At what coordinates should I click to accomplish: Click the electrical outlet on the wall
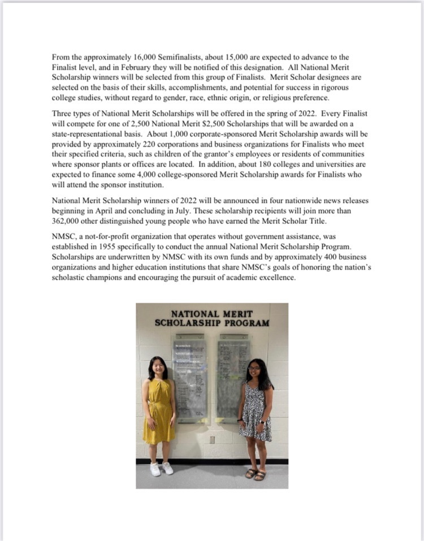pyautogui.click(x=212, y=439)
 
